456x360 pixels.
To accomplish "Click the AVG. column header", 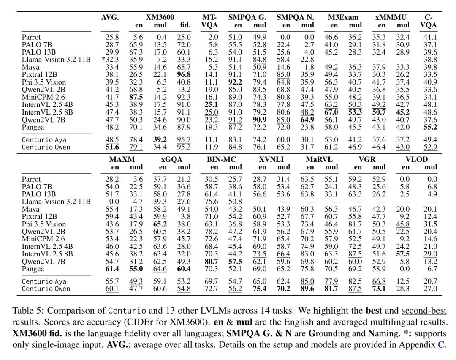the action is (x=110, y=17).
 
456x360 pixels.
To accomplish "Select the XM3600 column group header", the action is (x=160, y=17).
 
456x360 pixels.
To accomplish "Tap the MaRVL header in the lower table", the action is (x=319, y=159).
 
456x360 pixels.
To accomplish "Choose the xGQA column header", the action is (x=171, y=159).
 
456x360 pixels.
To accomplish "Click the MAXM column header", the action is (x=122, y=159).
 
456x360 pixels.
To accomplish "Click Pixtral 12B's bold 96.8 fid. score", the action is (x=184, y=75).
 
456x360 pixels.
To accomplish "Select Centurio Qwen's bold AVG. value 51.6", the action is (x=112, y=147).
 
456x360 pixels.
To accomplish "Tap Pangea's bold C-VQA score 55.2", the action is (x=430, y=127).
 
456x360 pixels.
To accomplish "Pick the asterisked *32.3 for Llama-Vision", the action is (x=110, y=60).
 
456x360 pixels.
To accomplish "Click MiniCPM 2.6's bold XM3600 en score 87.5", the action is (x=136, y=97).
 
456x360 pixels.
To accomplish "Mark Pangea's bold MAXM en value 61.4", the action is (x=112, y=269).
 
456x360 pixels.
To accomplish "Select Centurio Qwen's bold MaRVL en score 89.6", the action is (x=307, y=289).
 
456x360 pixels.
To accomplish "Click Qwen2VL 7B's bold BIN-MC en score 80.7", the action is (x=211, y=262).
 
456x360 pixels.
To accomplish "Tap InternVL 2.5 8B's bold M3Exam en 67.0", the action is (x=331, y=112).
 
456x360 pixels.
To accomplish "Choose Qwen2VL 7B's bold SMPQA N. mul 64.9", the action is (x=307, y=120).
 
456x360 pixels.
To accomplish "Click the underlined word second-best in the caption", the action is (x=424, y=311).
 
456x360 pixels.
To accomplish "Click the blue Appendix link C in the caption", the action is (x=441, y=345).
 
